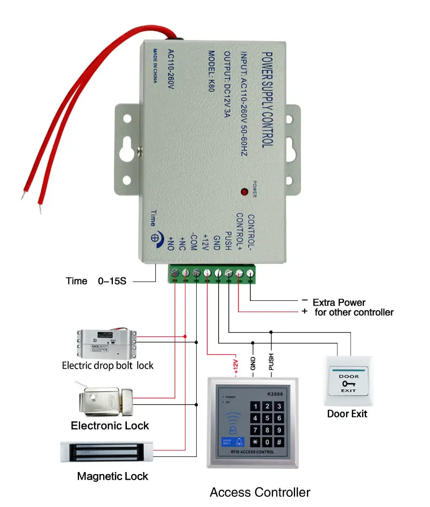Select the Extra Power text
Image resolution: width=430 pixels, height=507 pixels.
coord(339,302)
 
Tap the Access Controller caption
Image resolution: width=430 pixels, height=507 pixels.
coord(260,492)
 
